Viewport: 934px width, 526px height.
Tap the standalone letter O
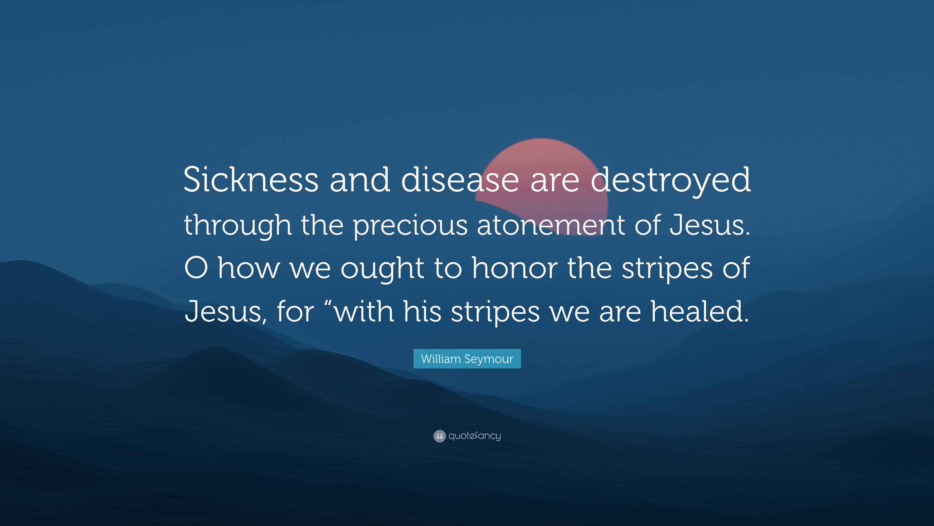point(196,268)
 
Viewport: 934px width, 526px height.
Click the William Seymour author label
point(467,359)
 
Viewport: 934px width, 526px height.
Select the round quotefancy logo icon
point(439,436)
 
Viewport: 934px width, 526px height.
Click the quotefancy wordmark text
point(475,436)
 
